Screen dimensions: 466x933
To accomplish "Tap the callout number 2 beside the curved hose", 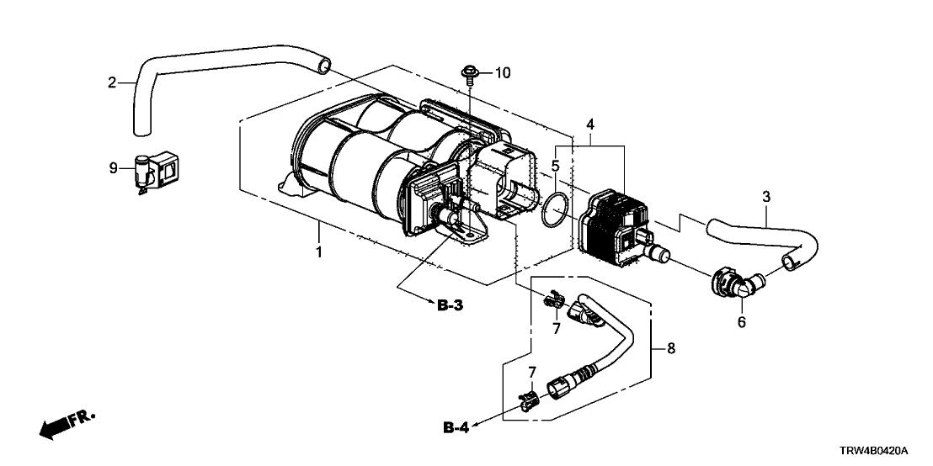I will click(111, 82).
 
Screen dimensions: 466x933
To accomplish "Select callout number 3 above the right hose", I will click(765, 198).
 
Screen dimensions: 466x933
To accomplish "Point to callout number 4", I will click(590, 125).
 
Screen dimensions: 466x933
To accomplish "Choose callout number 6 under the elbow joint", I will click(741, 322).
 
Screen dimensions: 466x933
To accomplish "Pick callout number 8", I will click(671, 347).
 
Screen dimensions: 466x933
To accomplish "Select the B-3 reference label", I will click(451, 304).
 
